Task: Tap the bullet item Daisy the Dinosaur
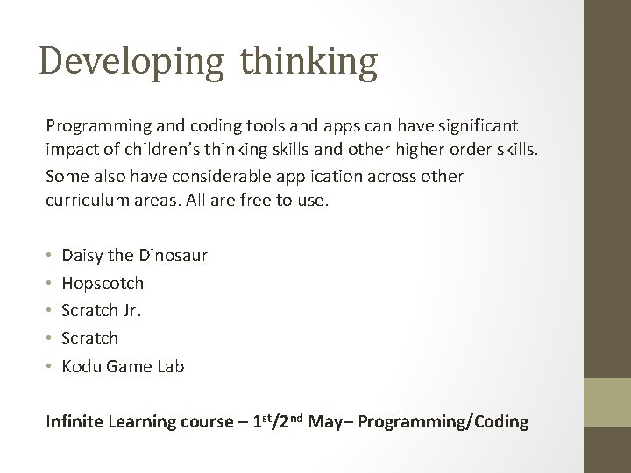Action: (x=135, y=256)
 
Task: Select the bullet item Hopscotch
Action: (x=103, y=283)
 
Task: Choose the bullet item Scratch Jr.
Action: (x=103, y=311)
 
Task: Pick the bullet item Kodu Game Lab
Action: (x=124, y=366)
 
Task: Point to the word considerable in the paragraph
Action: (x=205, y=176)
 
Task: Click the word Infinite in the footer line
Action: (x=74, y=421)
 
